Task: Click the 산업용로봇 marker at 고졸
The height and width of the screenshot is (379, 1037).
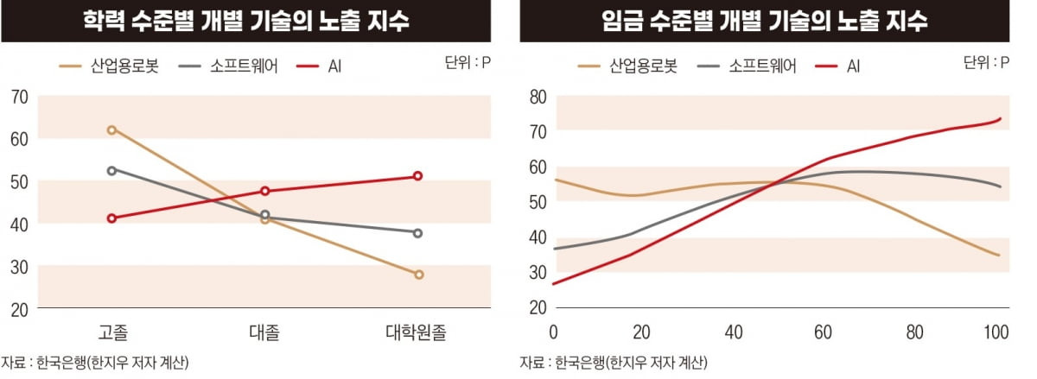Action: click(112, 129)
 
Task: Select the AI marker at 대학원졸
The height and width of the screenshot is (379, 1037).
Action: click(417, 176)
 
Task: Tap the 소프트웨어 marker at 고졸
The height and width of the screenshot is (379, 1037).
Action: click(112, 171)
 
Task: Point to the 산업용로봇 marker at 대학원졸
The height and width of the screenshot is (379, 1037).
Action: click(418, 275)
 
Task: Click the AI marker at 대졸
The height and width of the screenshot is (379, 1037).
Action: click(265, 191)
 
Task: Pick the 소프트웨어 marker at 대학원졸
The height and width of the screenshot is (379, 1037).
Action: click(417, 233)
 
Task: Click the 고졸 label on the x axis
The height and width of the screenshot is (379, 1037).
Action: click(113, 332)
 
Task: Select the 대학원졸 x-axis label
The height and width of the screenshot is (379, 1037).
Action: click(417, 332)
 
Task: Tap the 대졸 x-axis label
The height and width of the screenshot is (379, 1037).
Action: click(264, 332)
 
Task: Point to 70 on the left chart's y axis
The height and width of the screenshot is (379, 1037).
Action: click(18, 97)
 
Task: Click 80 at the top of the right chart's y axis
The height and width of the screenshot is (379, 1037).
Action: click(537, 97)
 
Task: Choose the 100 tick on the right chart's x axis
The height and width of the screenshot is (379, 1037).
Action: click(996, 332)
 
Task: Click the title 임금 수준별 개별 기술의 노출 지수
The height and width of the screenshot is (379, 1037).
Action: click(764, 21)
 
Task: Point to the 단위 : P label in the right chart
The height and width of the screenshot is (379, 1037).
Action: click(985, 62)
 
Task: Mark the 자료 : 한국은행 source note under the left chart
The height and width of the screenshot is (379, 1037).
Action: click(96, 362)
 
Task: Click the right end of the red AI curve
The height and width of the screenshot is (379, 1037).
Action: click(1000, 118)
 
